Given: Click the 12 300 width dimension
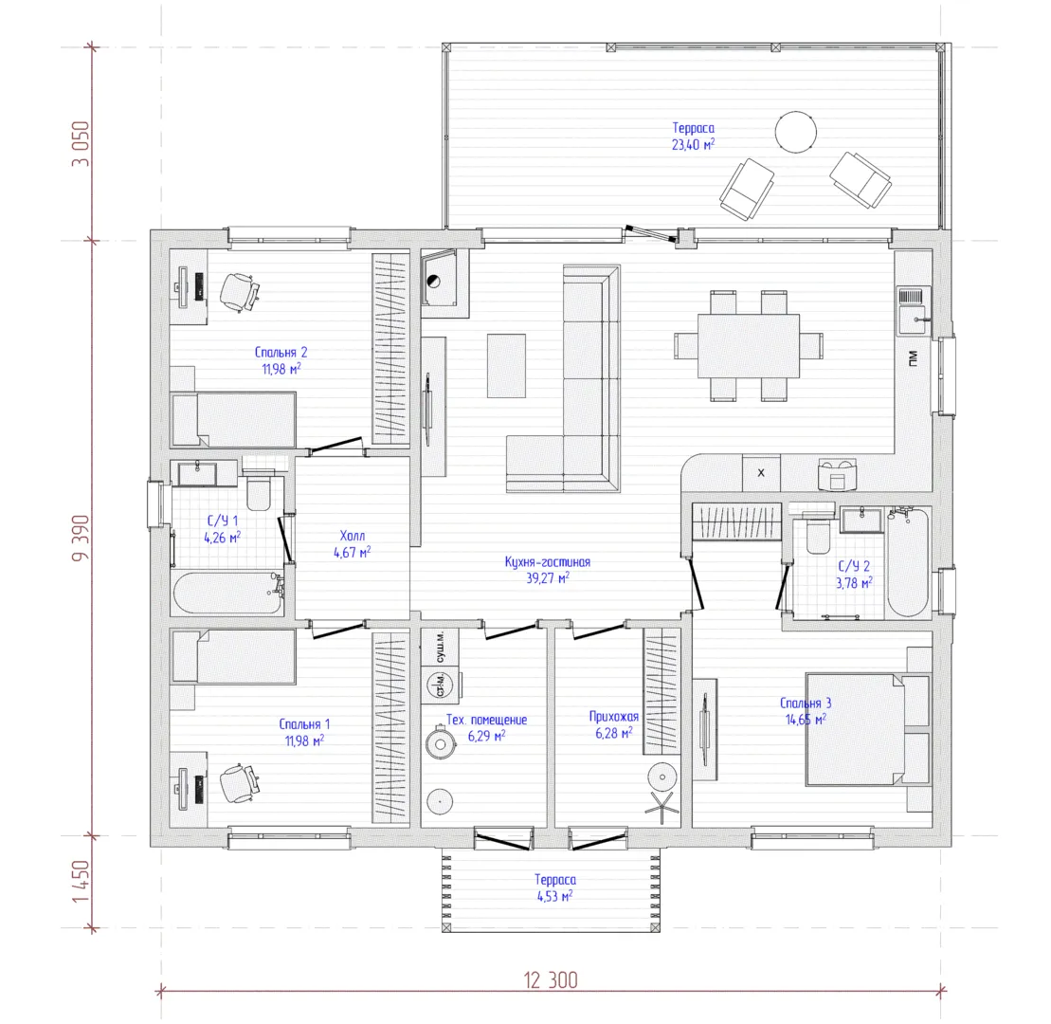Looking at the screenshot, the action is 551,980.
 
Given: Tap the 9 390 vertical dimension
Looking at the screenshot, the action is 81,538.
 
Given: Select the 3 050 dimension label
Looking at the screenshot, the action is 81,143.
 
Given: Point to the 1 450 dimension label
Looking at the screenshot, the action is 81,882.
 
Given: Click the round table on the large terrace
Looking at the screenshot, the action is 796,132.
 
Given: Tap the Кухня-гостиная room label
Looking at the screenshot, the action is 548,562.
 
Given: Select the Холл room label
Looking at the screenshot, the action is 353,536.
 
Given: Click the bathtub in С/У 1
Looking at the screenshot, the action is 227,593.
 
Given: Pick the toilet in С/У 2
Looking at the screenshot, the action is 818,535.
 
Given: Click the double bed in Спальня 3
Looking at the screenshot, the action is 868,729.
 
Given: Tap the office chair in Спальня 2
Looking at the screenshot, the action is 239,292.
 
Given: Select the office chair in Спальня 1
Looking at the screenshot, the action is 239,783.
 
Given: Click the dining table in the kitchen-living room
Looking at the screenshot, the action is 749,346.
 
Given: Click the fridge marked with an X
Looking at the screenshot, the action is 761,473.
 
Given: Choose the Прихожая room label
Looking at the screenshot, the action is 614,717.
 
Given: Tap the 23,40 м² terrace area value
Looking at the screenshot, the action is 693,144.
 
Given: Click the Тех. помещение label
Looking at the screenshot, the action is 486,720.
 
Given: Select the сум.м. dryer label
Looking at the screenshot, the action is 440,648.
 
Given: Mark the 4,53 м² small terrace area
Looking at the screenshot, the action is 555,897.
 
